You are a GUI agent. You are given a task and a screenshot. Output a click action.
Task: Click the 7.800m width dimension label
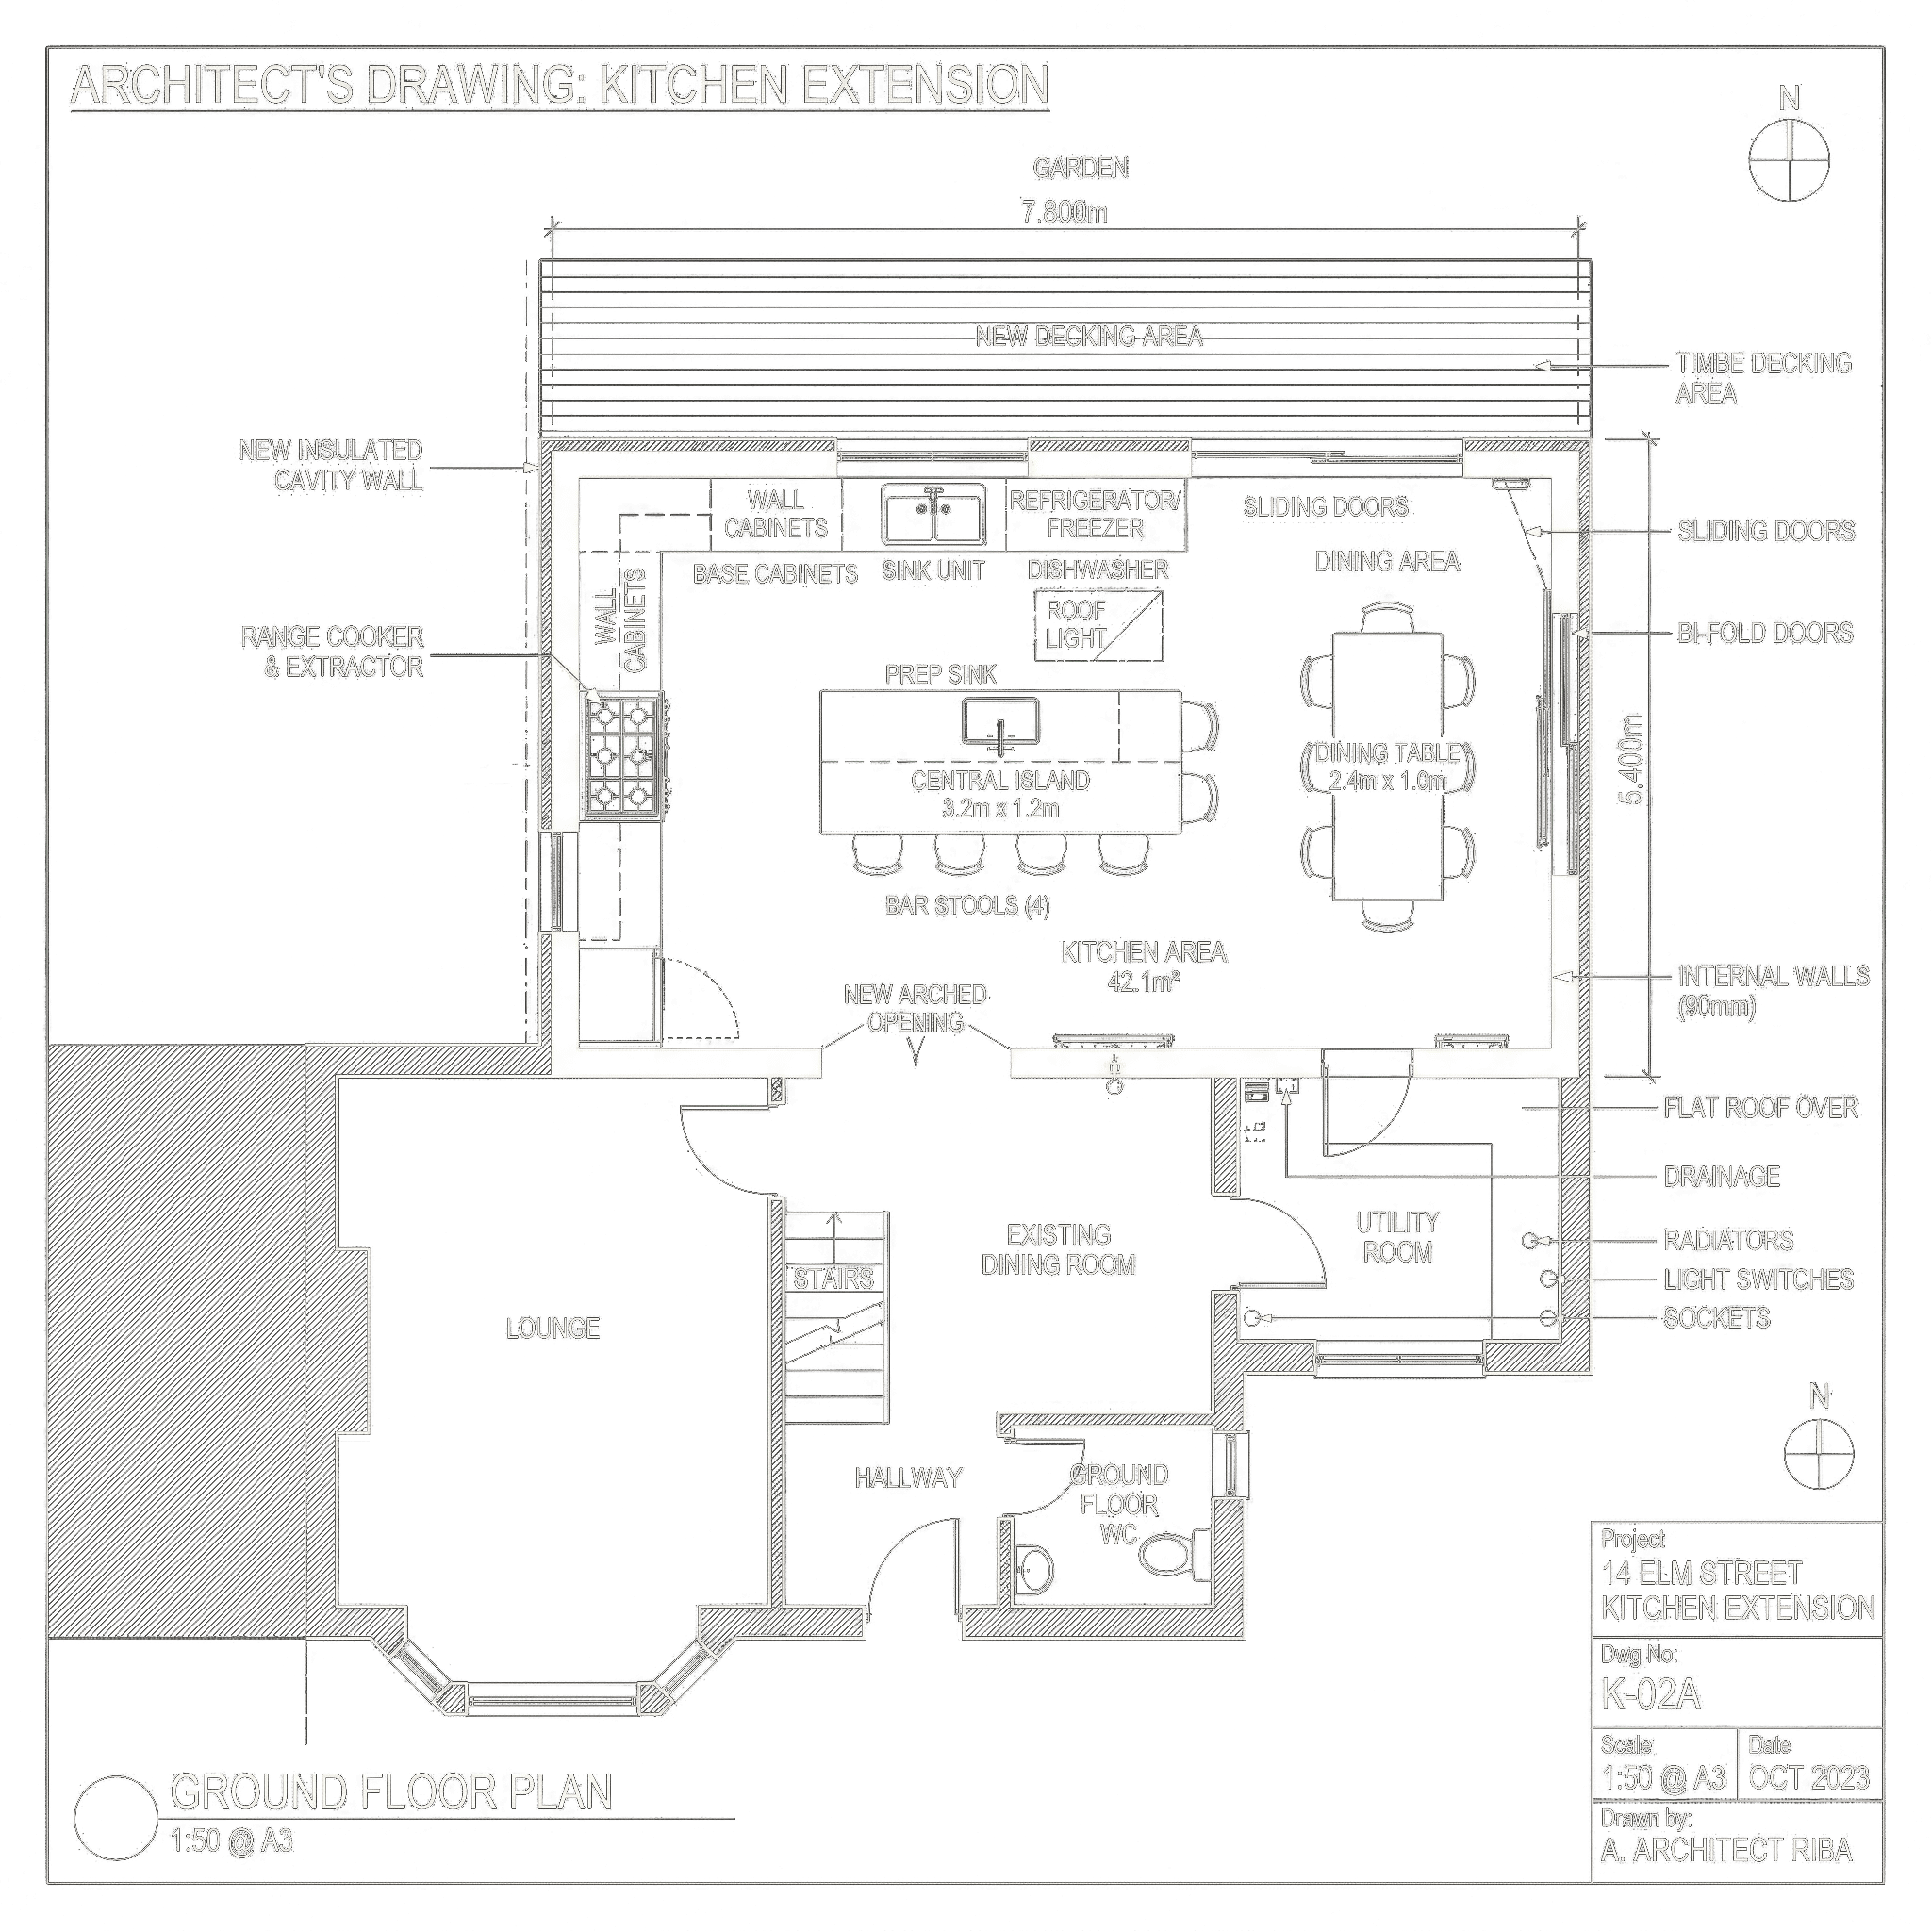click(1065, 212)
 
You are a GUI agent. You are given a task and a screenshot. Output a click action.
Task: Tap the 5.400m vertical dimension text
click(1632, 760)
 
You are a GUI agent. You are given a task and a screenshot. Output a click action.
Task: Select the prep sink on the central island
click(1000, 723)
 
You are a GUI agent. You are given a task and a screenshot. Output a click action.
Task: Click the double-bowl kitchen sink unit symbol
click(932, 514)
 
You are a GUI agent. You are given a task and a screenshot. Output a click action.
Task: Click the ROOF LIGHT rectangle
click(1098, 623)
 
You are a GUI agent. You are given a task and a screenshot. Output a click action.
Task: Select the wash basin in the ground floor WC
click(1034, 1570)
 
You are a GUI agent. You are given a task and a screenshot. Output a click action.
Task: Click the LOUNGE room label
click(553, 1329)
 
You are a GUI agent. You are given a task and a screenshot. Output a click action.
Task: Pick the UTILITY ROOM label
click(1397, 1237)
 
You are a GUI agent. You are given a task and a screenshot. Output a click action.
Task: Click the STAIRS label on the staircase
click(833, 1279)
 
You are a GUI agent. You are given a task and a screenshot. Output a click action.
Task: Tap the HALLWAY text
click(909, 1477)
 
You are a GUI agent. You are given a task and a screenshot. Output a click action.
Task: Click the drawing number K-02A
click(1651, 1694)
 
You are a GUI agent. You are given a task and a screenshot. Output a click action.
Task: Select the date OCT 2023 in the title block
click(1809, 1778)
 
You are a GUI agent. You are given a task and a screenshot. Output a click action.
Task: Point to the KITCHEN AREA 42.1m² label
click(1145, 966)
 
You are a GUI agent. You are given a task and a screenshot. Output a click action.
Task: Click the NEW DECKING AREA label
click(1089, 336)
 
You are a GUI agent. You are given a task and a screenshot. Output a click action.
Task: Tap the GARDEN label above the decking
click(1081, 168)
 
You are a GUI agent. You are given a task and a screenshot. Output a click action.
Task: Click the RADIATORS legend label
click(1729, 1241)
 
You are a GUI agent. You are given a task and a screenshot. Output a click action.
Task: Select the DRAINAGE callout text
click(1722, 1177)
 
